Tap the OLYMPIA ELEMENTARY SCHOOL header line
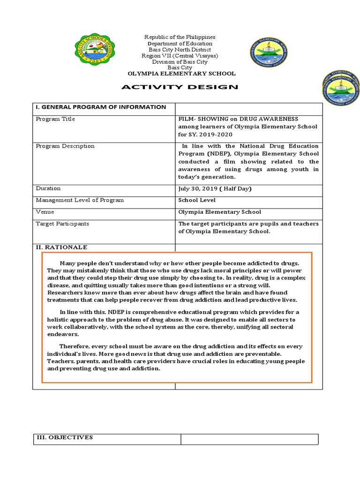click(182, 74)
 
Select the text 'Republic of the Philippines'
click(180, 37)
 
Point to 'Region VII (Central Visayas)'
click(180, 55)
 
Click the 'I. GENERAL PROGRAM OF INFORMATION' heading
click(101, 107)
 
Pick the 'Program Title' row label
click(55, 119)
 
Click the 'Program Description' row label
click(65, 146)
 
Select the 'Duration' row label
click(48, 188)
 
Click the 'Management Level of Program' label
click(80, 200)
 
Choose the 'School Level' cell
click(197, 200)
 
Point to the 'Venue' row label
click(45, 212)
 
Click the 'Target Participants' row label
click(62, 224)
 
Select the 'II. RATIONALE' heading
click(61, 247)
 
